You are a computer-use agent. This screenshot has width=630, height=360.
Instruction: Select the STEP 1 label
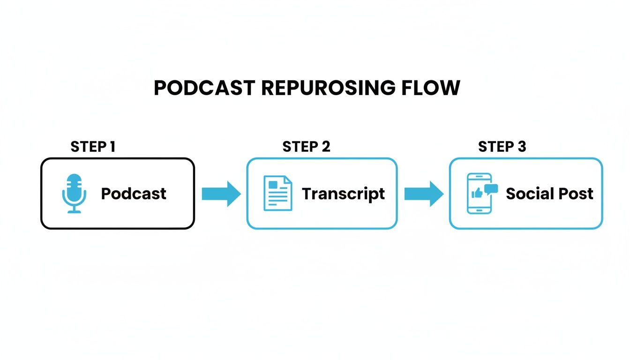click(93, 147)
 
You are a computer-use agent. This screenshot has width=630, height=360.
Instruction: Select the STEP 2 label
click(306, 147)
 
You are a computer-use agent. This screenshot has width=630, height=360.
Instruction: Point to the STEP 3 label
click(502, 147)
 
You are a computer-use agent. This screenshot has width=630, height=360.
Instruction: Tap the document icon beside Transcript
click(277, 193)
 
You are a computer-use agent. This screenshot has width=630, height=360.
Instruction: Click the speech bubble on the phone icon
click(491, 189)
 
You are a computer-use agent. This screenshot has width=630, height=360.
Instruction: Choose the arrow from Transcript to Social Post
click(424, 194)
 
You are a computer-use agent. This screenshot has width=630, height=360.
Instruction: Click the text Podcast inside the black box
click(134, 194)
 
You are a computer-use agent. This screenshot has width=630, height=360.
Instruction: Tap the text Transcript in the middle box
click(343, 194)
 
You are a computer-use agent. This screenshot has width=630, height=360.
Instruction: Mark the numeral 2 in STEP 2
click(326, 147)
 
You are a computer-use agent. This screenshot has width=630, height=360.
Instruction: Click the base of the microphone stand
click(74, 212)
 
